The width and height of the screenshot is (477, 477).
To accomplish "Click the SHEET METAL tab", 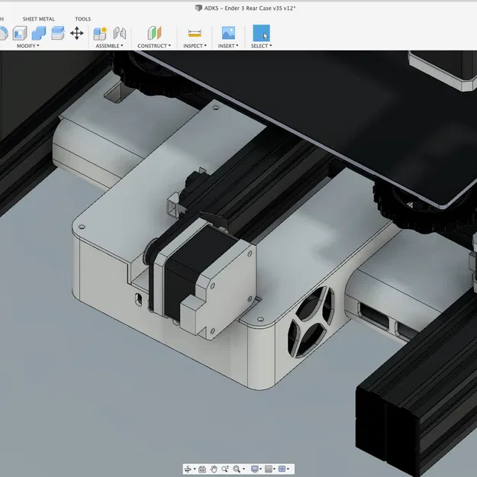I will (x=38, y=19).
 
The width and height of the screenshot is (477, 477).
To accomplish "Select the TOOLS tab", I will (x=82, y=19).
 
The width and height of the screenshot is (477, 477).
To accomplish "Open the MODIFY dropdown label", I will (x=27, y=46).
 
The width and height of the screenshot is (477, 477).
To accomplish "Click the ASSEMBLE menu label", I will (x=108, y=46).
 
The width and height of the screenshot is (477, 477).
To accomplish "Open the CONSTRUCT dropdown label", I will (x=154, y=46).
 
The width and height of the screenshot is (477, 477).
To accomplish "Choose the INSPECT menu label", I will (x=195, y=46).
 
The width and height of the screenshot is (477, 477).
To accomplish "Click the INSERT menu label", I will (x=228, y=46).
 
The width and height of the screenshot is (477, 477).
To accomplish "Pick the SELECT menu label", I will (x=261, y=46).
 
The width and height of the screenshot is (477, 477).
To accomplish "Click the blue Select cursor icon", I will (x=261, y=33).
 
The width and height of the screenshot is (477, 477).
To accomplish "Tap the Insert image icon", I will (x=228, y=33).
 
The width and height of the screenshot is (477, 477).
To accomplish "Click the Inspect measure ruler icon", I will (x=195, y=33).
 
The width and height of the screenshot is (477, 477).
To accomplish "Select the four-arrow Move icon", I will (x=77, y=33).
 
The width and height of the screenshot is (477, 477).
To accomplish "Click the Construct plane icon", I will (x=155, y=33).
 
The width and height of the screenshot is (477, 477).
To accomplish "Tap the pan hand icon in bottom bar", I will (x=214, y=469).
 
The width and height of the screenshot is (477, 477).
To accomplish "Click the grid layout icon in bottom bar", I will (x=282, y=469).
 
